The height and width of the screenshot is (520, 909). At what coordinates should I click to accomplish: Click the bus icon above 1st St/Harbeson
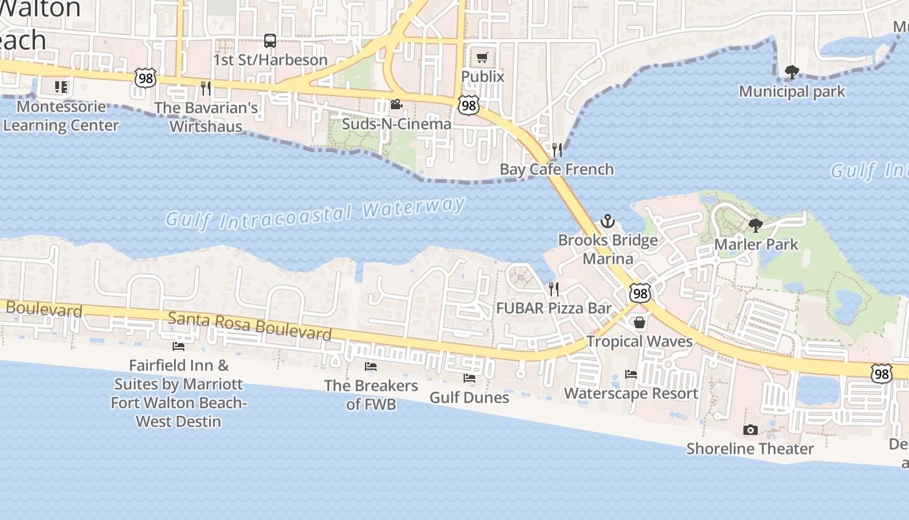[270, 41]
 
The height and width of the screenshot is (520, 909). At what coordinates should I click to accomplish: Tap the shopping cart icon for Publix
[482, 58]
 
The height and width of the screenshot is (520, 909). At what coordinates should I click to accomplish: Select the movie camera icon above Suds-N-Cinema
[396, 105]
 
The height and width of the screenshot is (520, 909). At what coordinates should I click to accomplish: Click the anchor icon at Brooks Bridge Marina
[607, 221]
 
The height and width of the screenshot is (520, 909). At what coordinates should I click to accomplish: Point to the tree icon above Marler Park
[756, 226]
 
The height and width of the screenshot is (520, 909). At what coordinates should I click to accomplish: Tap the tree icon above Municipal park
[791, 72]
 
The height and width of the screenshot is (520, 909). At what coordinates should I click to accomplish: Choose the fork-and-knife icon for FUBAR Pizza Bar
[554, 289]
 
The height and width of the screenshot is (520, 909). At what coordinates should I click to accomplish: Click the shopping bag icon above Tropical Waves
[640, 322]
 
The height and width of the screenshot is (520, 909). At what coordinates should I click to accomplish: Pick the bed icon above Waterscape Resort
[630, 374]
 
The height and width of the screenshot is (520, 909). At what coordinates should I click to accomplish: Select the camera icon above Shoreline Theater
[750, 430]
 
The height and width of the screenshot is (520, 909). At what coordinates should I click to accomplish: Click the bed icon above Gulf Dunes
[469, 378]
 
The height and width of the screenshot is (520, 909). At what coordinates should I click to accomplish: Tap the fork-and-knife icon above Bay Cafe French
[556, 150]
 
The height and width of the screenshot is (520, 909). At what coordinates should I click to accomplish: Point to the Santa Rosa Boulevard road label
[250, 325]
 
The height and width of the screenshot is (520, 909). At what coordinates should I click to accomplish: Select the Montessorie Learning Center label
[61, 116]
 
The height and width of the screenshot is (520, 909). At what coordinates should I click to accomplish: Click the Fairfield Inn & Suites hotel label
[178, 393]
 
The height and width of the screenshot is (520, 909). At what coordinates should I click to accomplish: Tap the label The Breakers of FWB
[371, 395]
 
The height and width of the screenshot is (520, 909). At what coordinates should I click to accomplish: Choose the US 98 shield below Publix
[467, 105]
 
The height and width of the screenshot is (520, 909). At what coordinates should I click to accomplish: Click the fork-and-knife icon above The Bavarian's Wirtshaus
[206, 88]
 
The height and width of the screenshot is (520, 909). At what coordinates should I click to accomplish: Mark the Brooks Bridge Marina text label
[608, 250]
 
